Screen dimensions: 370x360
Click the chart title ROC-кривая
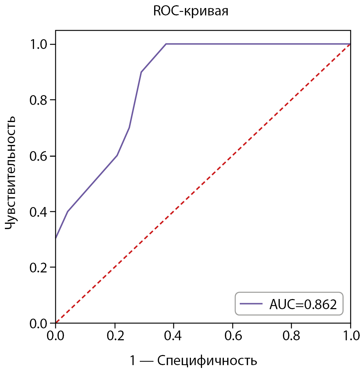[x=191, y=12]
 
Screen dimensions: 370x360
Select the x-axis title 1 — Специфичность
[x=194, y=360]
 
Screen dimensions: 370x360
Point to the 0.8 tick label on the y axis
[x=38, y=100]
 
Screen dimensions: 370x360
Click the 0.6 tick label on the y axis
[x=38, y=156]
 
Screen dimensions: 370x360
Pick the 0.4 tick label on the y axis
[x=38, y=212]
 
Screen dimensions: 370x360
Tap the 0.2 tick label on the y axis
[x=38, y=268]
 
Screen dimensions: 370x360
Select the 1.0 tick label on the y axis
[x=38, y=44]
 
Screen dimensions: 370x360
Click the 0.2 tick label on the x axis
[x=115, y=337]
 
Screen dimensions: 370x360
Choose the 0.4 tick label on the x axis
[x=174, y=337]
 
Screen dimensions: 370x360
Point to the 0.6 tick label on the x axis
[x=233, y=337]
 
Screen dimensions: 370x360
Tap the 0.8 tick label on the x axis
[x=292, y=337]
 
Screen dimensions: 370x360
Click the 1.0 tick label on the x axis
[x=351, y=337]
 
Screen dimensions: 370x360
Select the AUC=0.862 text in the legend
[x=303, y=304]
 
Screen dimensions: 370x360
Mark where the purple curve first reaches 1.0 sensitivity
[x=166, y=44]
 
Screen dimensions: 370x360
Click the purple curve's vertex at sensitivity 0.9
[x=141, y=72]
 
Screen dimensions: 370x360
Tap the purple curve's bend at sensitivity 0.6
[x=117, y=156]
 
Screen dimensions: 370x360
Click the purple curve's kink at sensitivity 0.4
[x=67, y=212]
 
